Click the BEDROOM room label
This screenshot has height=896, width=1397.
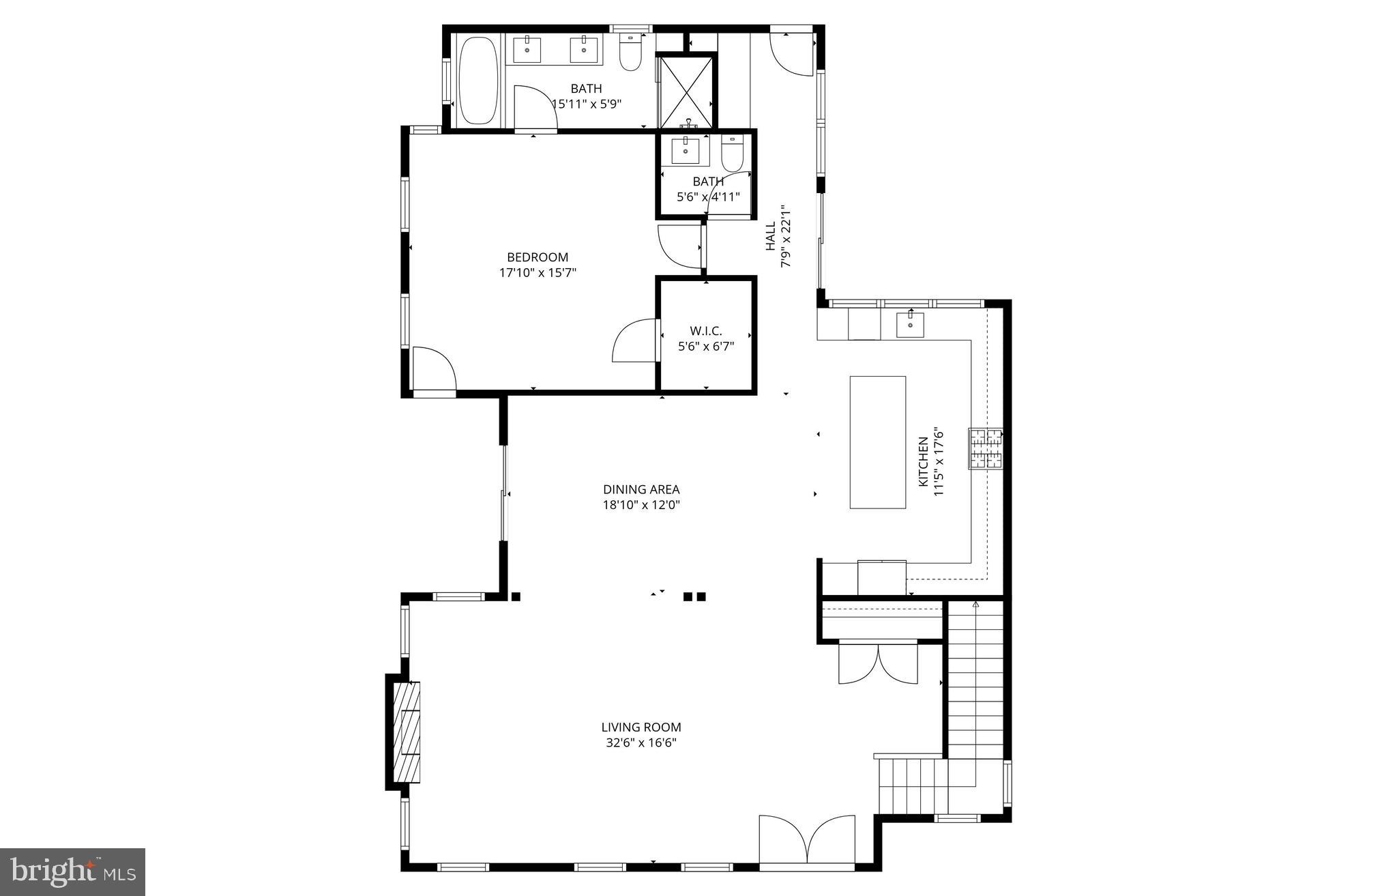point(538,257)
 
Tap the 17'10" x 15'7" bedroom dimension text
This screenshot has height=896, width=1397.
point(538,273)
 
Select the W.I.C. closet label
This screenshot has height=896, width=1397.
point(705,331)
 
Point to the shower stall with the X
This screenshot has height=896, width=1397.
point(686,90)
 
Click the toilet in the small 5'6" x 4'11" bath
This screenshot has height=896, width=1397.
point(733,155)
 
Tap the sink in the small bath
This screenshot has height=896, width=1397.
point(685,150)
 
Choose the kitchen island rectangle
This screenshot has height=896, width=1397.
point(878,442)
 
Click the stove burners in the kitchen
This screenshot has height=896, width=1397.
point(986,448)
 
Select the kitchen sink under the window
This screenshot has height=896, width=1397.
point(910,324)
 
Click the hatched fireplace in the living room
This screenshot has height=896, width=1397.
point(407,732)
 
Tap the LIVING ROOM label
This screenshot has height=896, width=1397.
point(641,727)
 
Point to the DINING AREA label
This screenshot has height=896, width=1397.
point(641,489)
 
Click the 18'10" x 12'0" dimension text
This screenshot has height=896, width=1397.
point(641,505)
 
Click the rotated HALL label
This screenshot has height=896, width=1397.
point(770,235)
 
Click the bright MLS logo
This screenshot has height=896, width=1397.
point(72,871)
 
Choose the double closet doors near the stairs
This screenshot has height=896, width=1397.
point(879,663)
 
